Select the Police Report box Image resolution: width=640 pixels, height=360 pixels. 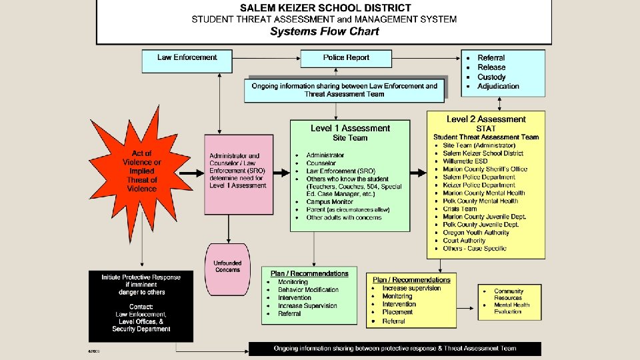click(346, 58)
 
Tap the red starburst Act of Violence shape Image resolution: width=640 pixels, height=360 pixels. click(141, 171)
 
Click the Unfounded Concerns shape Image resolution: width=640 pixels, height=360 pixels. click(227, 266)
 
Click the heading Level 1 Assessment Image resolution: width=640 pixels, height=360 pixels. click(350, 128)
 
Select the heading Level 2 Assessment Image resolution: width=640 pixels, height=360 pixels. click(486, 119)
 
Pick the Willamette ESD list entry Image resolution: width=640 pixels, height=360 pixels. click(465, 161)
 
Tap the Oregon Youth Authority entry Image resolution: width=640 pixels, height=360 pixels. click(476, 233)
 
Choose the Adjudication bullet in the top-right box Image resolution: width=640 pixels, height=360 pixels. click(498, 86)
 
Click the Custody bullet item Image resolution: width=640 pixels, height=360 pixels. click(491, 77)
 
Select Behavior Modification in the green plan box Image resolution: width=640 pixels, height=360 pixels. click(308, 290)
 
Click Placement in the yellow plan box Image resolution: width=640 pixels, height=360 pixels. click(397, 312)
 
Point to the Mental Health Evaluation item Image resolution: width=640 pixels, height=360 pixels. click(511, 308)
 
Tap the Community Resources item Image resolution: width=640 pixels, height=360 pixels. click(509, 295)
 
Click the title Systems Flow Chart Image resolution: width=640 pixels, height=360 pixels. click(324, 31)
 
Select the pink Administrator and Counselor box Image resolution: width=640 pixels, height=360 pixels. click(238, 174)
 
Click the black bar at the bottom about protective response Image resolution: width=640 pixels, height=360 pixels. click(395, 349)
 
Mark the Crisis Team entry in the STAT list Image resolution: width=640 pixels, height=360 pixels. click(460, 209)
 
